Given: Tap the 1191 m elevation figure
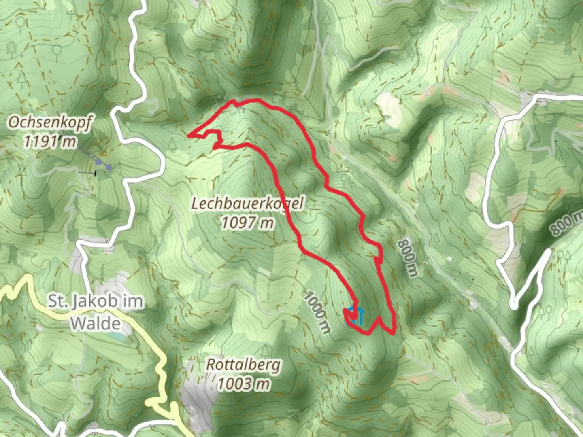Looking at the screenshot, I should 50,141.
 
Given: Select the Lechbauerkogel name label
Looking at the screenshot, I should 247,204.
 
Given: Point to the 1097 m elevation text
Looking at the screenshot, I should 247,223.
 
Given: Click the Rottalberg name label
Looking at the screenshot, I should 243,365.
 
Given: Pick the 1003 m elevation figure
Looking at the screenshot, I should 243,383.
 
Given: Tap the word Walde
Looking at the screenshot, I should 96,323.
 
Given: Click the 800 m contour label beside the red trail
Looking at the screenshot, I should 407,258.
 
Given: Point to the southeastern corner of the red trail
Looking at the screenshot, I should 394,333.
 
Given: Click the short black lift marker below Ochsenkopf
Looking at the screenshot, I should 95,174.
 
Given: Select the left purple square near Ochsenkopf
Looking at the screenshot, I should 99,162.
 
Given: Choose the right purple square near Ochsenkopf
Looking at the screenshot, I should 108,167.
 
